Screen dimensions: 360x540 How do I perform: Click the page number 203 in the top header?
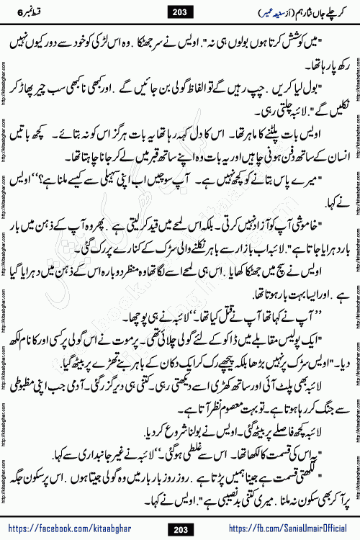180,13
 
